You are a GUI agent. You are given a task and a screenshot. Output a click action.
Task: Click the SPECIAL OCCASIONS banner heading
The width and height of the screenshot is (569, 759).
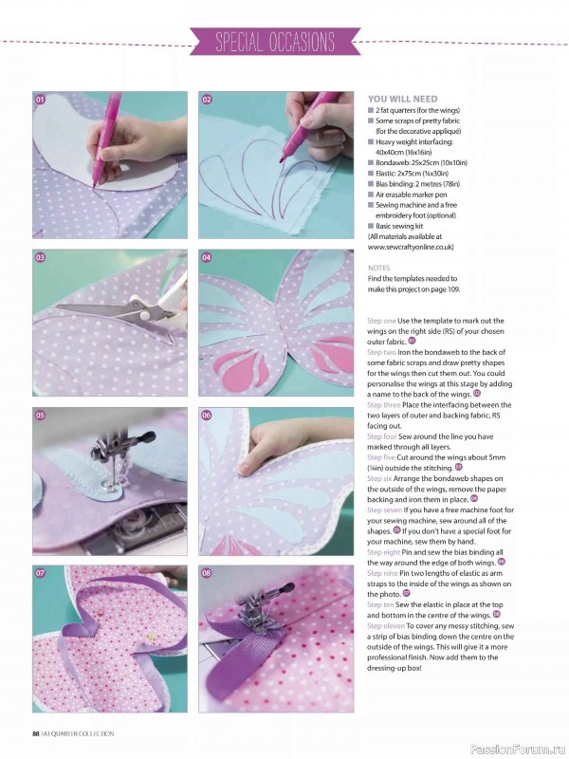pyautogui.click(x=275, y=43)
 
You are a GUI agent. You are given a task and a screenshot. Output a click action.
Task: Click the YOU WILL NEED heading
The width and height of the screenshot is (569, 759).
pyautogui.click(x=402, y=99)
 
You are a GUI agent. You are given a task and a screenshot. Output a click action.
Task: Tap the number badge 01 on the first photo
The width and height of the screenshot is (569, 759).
pyautogui.click(x=41, y=100)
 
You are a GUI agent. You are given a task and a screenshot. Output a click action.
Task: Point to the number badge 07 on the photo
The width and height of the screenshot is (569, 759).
pyautogui.click(x=41, y=573)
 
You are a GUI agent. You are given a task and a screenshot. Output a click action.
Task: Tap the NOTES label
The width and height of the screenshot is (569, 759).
pyautogui.click(x=378, y=268)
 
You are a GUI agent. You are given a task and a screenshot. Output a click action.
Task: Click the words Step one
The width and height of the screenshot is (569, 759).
pyautogui.click(x=383, y=323)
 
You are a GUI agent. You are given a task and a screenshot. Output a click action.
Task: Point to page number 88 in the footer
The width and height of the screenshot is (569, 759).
pyautogui.click(x=35, y=732)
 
